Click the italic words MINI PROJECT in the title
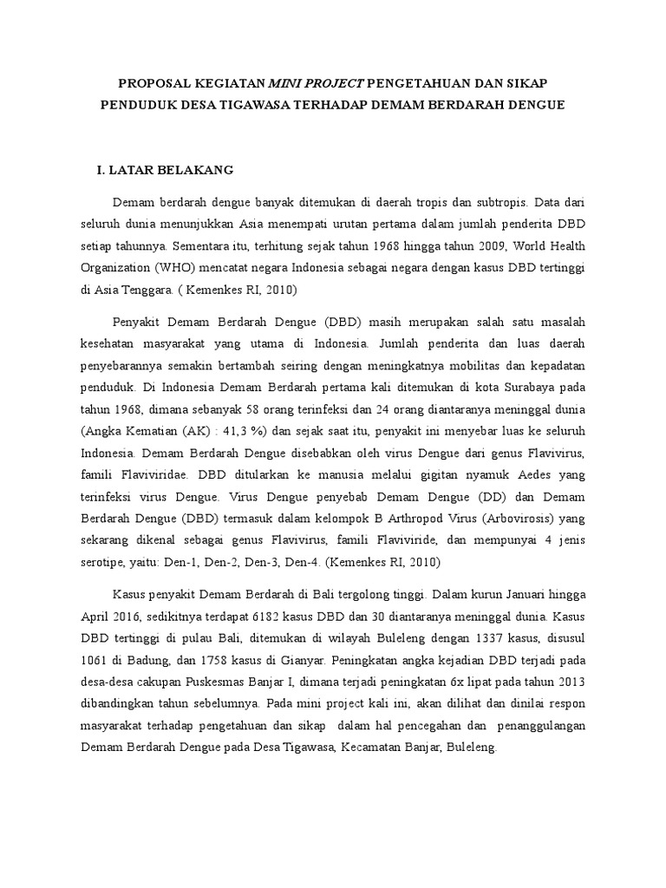[317, 83]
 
